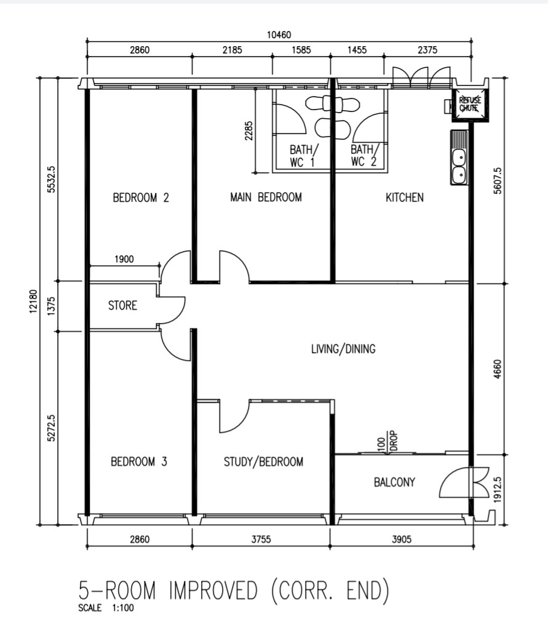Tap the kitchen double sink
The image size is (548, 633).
459,157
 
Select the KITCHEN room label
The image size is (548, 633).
404,197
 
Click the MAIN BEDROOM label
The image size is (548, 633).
266,197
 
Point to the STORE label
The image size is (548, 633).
122,305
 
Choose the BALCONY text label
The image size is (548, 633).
394,482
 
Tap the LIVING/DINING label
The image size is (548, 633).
343,349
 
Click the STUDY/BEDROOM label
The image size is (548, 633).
263,461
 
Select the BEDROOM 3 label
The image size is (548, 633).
139,461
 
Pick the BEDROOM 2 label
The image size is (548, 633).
141,197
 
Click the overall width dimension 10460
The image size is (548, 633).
279,35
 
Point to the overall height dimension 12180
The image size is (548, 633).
33,301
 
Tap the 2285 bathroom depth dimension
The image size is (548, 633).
249,131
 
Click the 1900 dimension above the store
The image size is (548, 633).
124,259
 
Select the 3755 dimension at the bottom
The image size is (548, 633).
261,539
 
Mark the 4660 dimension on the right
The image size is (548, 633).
498,369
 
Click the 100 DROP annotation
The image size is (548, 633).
388,440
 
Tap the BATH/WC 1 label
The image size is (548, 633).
304,156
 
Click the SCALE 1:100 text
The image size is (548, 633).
106,608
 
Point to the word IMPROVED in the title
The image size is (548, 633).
213,591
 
